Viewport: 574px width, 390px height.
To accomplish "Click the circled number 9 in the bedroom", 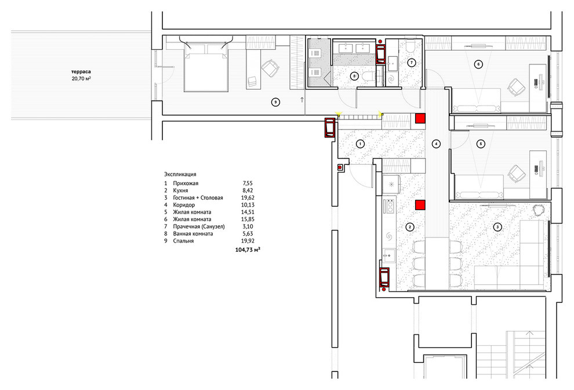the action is (x=275, y=102).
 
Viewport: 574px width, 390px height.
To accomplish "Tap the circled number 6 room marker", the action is (x=478, y=64).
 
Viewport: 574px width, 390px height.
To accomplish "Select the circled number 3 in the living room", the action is (x=497, y=227).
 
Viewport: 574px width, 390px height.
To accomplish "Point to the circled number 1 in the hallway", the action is (x=360, y=144).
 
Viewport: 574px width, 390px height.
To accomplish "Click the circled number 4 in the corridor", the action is (x=436, y=144).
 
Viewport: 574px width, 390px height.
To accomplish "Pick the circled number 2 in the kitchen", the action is (x=410, y=228).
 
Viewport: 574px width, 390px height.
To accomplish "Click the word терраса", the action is (x=81, y=72).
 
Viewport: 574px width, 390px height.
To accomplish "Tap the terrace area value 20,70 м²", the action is (x=81, y=78).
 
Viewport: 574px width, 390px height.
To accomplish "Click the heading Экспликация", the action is (x=180, y=175).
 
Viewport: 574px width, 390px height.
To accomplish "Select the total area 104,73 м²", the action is (x=248, y=250).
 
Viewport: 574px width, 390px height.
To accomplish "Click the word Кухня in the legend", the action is (x=180, y=190).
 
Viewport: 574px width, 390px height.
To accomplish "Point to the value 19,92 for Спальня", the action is (x=248, y=241).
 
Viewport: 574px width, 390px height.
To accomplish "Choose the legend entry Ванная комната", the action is (x=193, y=233).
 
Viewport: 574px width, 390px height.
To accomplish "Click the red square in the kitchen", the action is (x=420, y=205).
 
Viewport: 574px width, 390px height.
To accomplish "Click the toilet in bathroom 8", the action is (x=368, y=76).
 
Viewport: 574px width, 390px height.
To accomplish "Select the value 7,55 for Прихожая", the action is (x=248, y=183).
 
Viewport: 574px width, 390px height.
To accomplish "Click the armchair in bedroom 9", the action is (x=270, y=68).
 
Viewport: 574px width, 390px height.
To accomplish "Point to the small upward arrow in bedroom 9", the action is (x=302, y=99).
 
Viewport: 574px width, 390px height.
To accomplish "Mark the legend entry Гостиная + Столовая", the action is (x=198, y=197).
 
